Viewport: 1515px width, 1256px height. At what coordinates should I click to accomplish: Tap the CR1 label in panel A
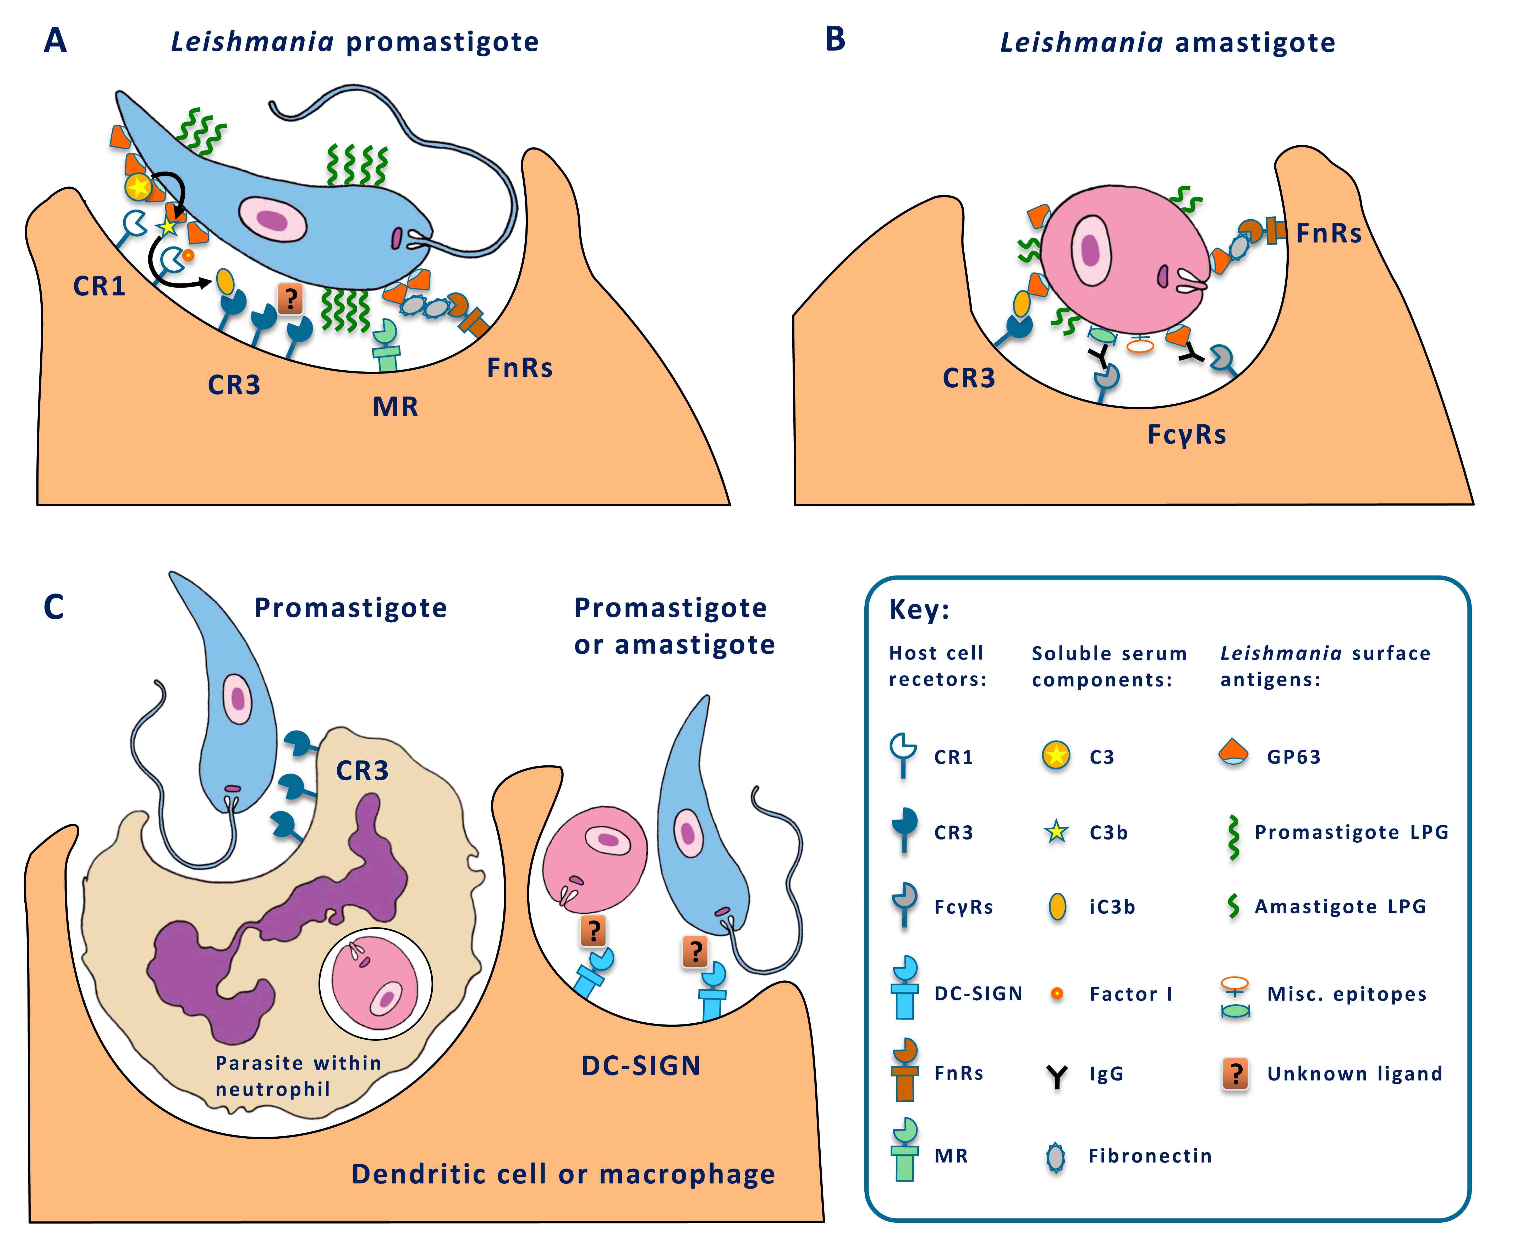100,286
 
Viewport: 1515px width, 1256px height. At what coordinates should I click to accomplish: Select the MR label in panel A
395,407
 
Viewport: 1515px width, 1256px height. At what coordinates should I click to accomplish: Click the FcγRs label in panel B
1187,435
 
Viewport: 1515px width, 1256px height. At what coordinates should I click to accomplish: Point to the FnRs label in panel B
1329,234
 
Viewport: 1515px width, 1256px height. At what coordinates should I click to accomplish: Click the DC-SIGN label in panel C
641,1066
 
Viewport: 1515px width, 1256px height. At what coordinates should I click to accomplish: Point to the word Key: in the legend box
918,610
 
